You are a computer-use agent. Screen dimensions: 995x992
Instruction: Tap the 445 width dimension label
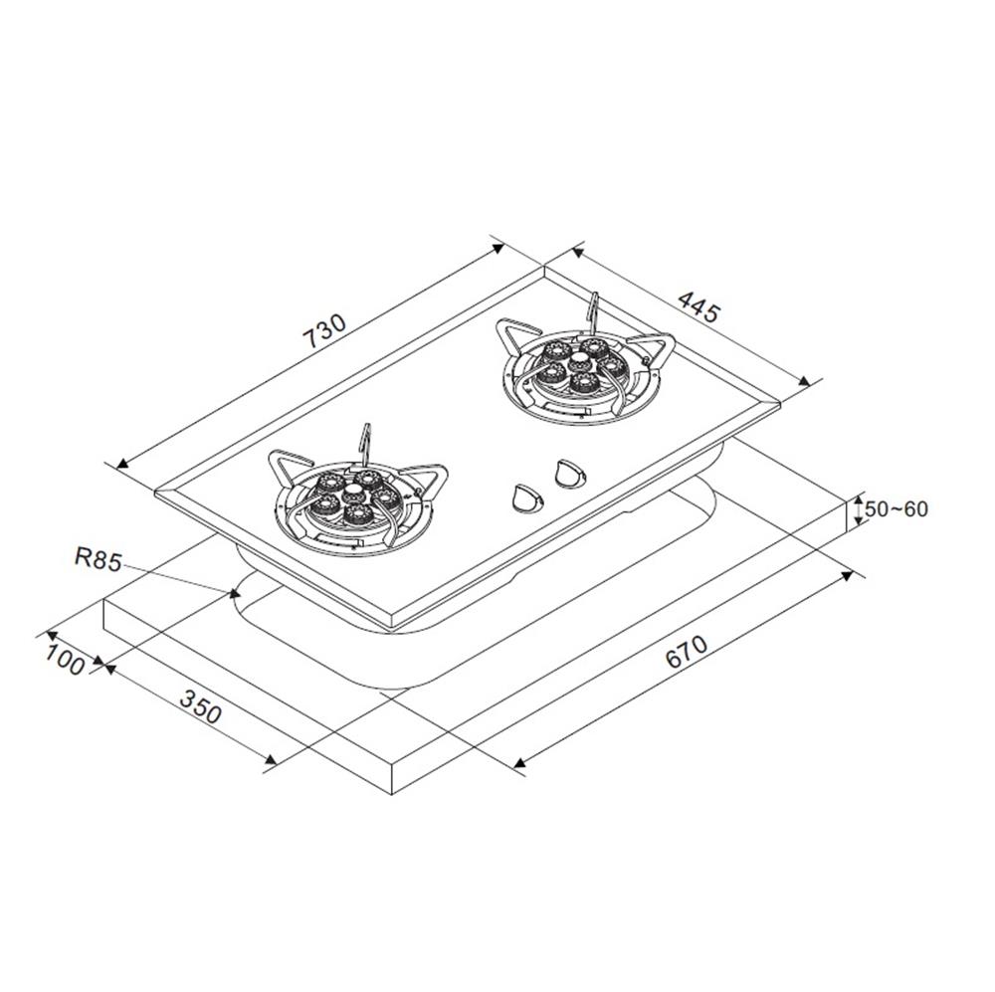point(699,305)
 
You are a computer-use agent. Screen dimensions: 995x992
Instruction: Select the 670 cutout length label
point(686,651)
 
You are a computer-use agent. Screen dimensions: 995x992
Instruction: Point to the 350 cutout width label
point(201,706)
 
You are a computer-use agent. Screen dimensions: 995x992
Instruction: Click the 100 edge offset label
point(64,659)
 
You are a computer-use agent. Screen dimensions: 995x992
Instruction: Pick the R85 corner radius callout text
point(98,559)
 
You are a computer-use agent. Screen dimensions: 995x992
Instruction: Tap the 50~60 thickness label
point(896,508)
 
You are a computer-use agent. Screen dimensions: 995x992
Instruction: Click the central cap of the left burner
point(351,493)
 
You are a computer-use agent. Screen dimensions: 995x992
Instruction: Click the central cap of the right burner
point(580,363)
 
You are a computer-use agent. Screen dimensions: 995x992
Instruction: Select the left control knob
point(525,497)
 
